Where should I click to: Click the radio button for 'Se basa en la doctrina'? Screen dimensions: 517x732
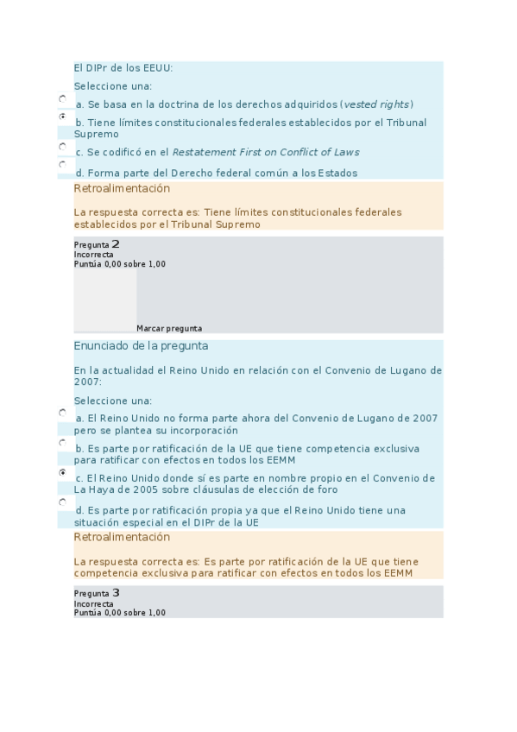(63, 99)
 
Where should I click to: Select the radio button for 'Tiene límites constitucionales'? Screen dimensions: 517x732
(63, 116)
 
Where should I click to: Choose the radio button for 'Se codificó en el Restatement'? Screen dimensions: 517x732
(63, 147)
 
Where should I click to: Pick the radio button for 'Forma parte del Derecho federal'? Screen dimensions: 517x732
(63, 163)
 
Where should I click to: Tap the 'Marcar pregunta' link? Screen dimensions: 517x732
(169, 328)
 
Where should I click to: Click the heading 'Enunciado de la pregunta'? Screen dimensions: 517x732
(141, 346)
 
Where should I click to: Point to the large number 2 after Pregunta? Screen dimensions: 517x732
(116, 244)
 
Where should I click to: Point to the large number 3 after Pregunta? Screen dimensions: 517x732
(116, 593)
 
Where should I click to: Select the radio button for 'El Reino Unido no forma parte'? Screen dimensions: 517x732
(63, 413)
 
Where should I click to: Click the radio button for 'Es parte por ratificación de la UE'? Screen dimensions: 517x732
(63, 443)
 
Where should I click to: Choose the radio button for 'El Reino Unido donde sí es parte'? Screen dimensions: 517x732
(63, 473)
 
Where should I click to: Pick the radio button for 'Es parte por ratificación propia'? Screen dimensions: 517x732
(63, 502)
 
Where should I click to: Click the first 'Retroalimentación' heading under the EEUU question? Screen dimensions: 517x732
(122, 189)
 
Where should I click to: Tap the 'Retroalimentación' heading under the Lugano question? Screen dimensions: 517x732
(122, 538)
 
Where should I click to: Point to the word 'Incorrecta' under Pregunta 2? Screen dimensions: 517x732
(93, 255)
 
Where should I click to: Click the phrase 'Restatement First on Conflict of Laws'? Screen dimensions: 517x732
(266, 153)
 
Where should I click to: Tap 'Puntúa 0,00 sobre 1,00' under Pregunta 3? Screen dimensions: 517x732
(119, 613)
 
